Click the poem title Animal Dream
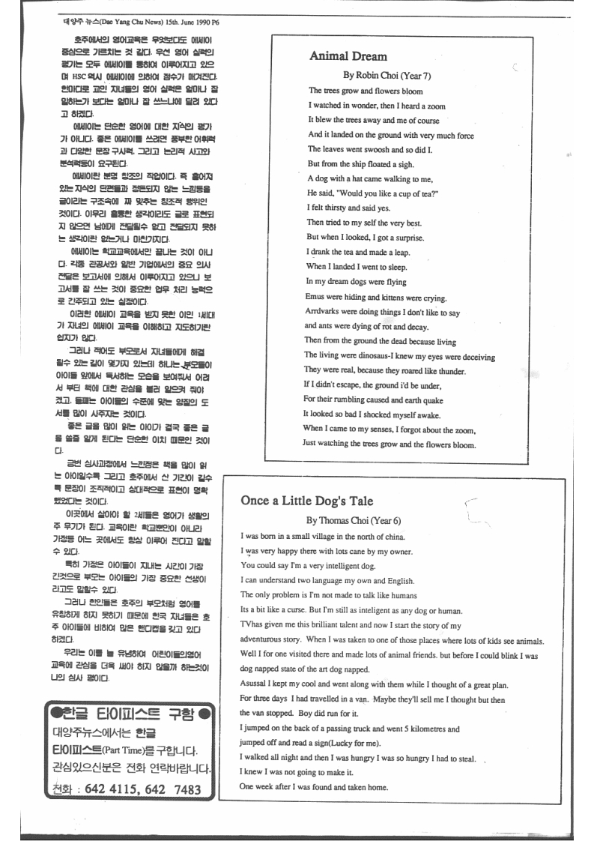(x=348, y=56)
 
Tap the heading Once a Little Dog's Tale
(x=307, y=501)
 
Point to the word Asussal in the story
(x=254, y=686)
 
